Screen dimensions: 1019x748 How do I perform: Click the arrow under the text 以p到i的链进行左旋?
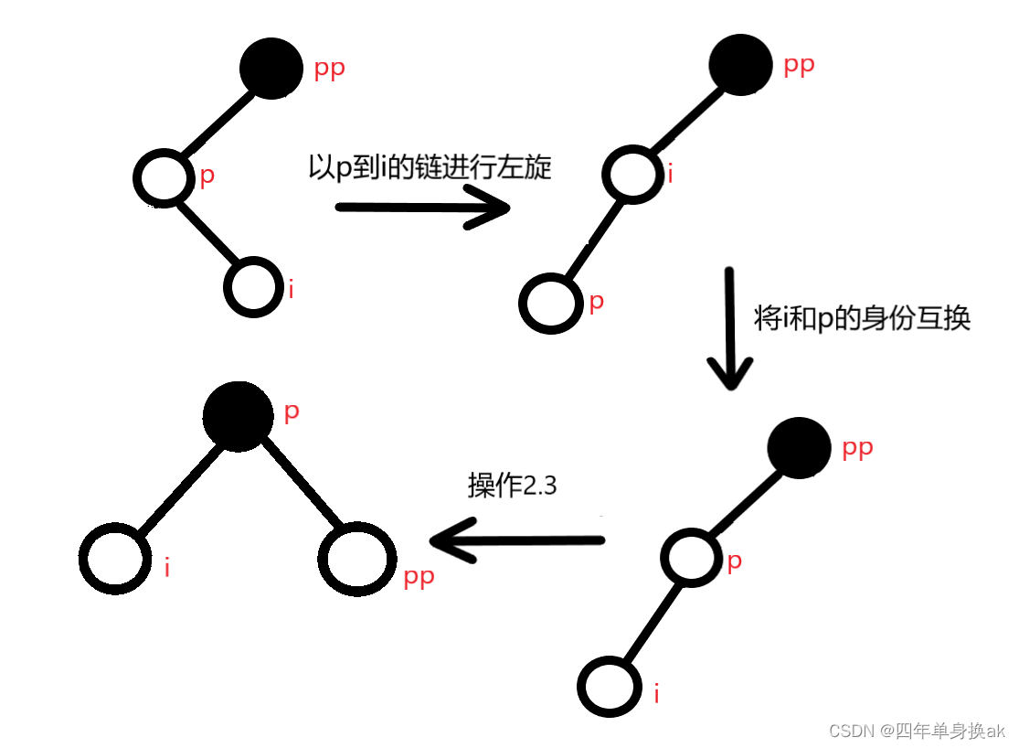tap(422, 208)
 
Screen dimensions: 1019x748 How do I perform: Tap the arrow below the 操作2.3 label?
tap(517, 540)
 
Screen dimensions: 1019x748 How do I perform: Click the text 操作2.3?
tap(512, 486)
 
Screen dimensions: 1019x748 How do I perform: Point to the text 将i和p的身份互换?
tap(862, 317)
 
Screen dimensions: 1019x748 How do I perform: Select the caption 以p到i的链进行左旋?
tap(430, 167)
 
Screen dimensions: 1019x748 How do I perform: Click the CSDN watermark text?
tap(916, 730)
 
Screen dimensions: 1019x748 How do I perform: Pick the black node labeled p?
tap(239, 416)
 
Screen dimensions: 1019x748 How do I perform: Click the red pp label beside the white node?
tap(419, 577)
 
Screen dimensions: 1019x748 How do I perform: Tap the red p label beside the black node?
tap(292, 411)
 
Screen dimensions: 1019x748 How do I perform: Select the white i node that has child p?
tap(633, 173)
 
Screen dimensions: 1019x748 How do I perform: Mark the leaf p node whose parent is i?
tap(551, 303)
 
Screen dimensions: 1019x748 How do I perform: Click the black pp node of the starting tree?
tap(271, 68)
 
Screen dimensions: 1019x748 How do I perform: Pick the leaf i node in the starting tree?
tap(252, 287)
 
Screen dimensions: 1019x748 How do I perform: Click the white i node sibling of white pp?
tap(115, 561)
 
